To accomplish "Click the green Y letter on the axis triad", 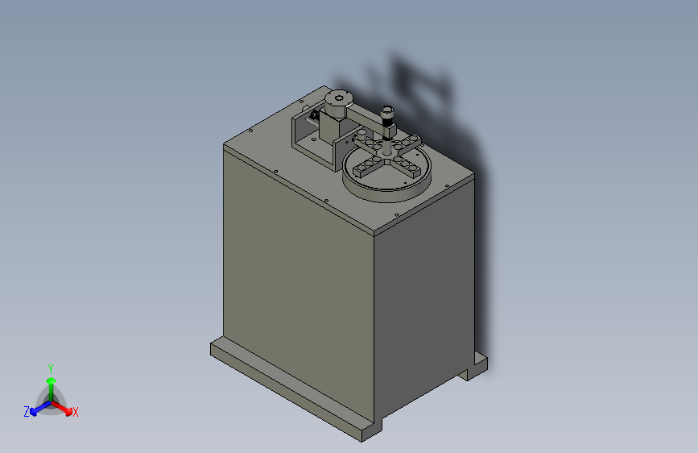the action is [x=51, y=368].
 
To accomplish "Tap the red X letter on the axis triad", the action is [x=75, y=412].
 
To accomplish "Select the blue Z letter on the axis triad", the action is [x=27, y=412].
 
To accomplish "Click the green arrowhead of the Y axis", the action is [x=52, y=380].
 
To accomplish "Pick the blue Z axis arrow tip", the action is [x=34, y=412].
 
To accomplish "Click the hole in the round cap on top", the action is [x=339, y=98].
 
